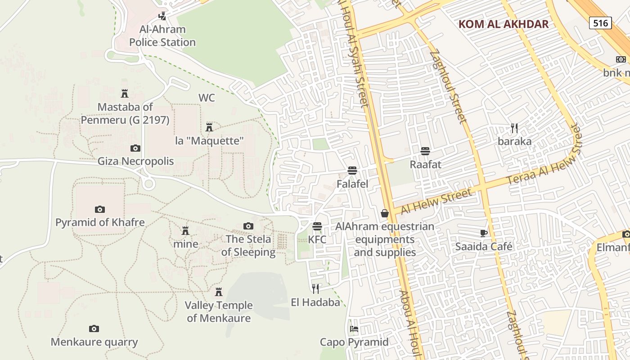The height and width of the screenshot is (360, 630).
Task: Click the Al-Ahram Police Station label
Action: tap(162, 36)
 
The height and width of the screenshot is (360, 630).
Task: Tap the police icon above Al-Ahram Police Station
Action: tap(162, 17)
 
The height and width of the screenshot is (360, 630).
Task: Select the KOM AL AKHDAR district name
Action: tap(504, 24)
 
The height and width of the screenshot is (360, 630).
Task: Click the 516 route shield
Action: tap(600, 23)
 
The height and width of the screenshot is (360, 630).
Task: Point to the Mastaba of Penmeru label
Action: tap(125, 113)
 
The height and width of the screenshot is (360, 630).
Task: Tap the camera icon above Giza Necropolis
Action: tap(135, 148)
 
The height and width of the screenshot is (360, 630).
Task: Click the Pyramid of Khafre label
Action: tap(100, 222)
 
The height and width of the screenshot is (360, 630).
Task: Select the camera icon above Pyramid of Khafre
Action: tap(100, 209)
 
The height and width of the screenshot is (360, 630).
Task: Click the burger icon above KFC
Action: tap(317, 226)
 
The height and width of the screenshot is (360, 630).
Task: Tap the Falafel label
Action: tap(352, 184)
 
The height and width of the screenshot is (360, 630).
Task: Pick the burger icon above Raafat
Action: tap(425, 151)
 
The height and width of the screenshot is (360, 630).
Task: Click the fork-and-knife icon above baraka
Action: tap(514, 128)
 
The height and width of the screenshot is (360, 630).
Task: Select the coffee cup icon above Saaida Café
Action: tap(484, 233)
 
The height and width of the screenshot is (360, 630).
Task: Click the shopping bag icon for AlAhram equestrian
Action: tap(385, 213)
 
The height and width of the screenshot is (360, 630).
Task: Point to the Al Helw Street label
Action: tap(436, 201)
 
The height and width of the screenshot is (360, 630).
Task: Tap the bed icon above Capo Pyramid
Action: tap(354, 329)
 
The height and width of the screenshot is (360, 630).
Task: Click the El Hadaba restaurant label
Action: tap(315, 302)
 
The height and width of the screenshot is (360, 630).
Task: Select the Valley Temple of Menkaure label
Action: tap(219, 311)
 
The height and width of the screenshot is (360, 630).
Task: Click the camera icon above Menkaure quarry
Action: tap(94, 328)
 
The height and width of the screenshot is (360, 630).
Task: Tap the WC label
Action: tap(207, 98)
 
